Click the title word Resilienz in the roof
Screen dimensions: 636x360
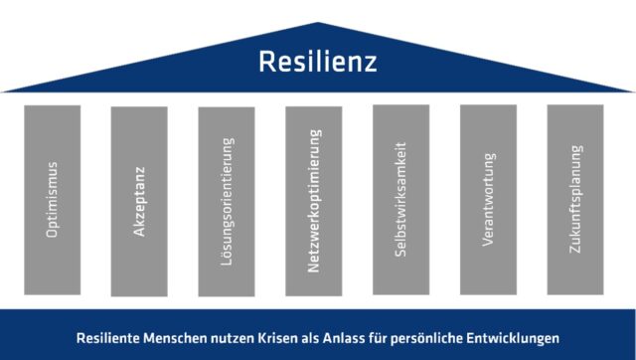click(318, 62)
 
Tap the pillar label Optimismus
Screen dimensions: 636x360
click(52, 200)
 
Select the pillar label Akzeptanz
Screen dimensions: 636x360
click(139, 201)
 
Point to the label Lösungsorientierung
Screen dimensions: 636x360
click(228, 202)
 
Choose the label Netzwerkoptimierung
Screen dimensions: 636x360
click(314, 201)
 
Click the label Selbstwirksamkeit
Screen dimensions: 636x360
click(400, 199)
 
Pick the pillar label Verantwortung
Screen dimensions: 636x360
click(488, 200)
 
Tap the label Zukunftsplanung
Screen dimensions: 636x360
click(576, 199)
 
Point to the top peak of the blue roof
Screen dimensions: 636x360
click(318, 22)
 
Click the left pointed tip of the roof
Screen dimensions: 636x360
click(2, 92)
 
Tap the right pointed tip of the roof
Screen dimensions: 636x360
click(633, 92)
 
